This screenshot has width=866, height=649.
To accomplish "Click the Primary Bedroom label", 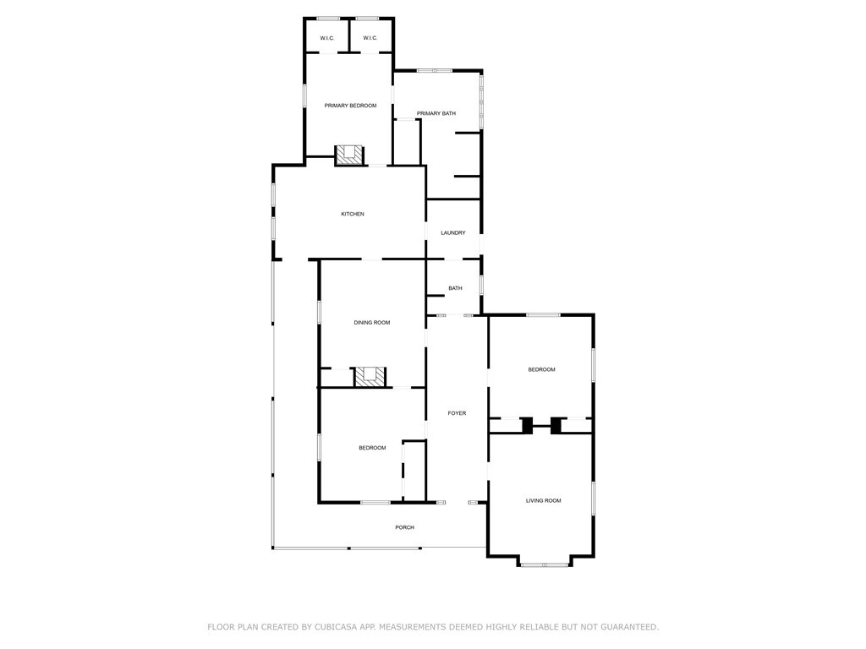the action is pyautogui.click(x=350, y=106).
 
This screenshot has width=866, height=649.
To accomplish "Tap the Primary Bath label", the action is pyautogui.click(x=436, y=113).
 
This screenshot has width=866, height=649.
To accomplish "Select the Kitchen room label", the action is pyautogui.click(x=353, y=214).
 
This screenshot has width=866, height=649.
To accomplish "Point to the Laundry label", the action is pyautogui.click(x=453, y=233).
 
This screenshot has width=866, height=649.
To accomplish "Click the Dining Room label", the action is pyautogui.click(x=372, y=322).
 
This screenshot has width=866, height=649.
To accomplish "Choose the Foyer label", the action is pyautogui.click(x=457, y=412).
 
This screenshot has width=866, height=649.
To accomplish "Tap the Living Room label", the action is pyautogui.click(x=544, y=500).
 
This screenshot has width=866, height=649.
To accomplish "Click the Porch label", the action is pyautogui.click(x=404, y=527).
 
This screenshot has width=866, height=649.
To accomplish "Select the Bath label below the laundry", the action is pyautogui.click(x=455, y=288).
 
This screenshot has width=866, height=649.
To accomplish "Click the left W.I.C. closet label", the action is pyautogui.click(x=327, y=38).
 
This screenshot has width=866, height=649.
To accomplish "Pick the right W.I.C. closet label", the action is pyautogui.click(x=370, y=38).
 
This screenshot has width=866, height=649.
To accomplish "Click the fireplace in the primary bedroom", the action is pyautogui.click(x=349, y=155).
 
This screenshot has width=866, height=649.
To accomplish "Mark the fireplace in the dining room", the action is pyautogui.click(x=370, y=377).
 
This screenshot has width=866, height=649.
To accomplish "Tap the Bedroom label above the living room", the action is pyautogui.click(x=541, y=369).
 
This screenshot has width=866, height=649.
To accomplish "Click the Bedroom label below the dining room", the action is pyautogui.click(x=372, y=448).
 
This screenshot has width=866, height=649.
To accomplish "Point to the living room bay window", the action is pyautogui.click(x=545, y=564).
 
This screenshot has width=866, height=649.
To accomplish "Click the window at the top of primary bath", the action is pyautogui.click(x=435, y=71).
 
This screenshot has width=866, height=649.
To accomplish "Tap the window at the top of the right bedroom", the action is pyautogui.click(x=543, y=315).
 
